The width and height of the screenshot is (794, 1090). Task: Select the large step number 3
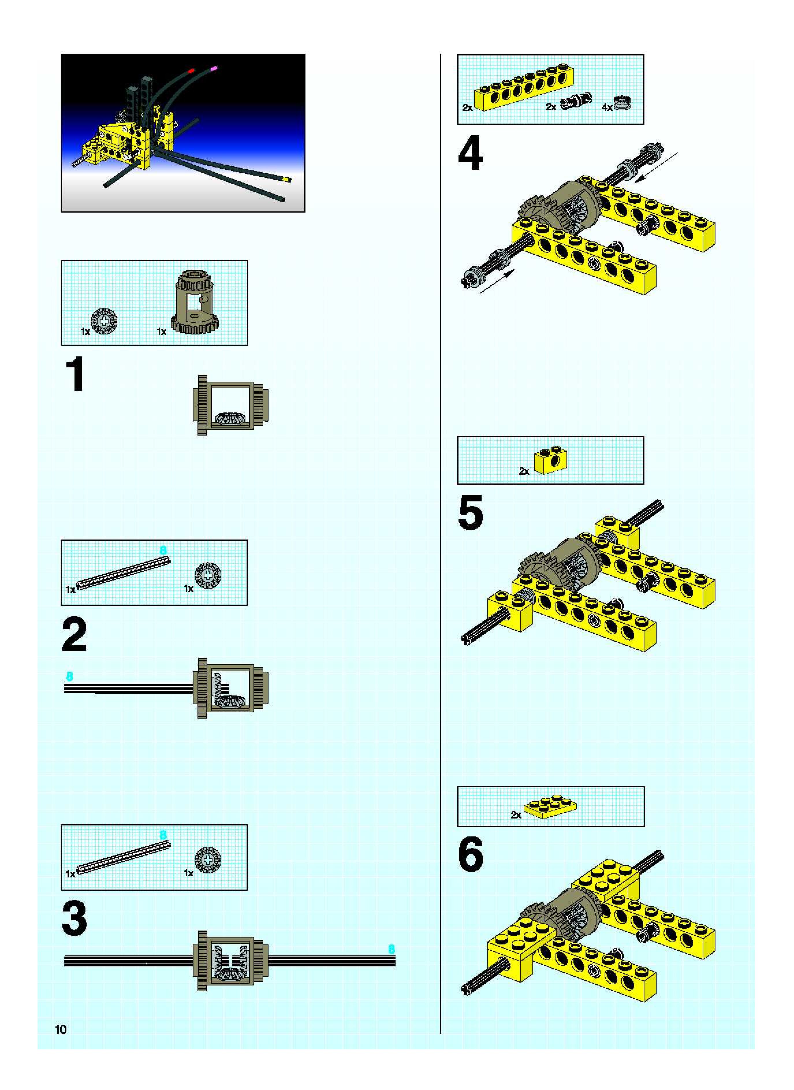point(74,919)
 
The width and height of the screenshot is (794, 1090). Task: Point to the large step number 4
point(471,154)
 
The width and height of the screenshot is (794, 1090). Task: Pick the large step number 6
point(471,854)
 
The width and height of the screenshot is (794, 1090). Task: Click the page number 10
point(61,1029)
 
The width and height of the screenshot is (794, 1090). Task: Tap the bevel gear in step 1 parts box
point(104,321)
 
